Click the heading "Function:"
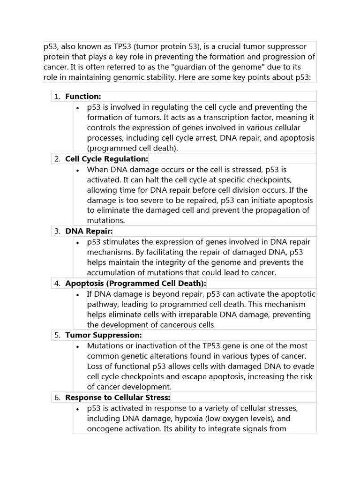click(83, 97)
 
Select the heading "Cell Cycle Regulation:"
click(106, 159)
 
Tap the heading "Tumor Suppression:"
click(103, 335)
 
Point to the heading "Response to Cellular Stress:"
click(117, 397)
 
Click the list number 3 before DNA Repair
click(57, 231)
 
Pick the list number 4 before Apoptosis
click(57, 283)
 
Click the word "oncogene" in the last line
click(104, 428)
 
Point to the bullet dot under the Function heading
click(77, 108)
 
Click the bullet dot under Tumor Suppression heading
click(77, 346)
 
